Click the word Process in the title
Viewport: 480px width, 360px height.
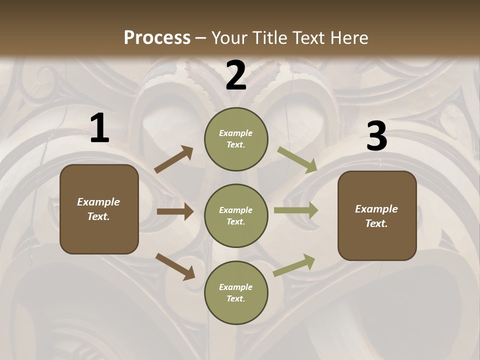157,37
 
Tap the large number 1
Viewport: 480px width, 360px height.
99,129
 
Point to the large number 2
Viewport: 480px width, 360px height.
236,75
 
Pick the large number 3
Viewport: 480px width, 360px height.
376,137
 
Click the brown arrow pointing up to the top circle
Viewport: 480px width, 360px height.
173,160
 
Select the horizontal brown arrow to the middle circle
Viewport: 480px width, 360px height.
175,211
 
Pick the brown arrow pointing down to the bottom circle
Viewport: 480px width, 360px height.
175,266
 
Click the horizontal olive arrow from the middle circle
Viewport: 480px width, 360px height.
296,210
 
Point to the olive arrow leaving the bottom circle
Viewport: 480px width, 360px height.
294,265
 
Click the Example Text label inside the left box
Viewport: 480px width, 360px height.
98,209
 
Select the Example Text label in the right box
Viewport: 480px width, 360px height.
376,216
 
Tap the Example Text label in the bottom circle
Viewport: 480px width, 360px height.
235,292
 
